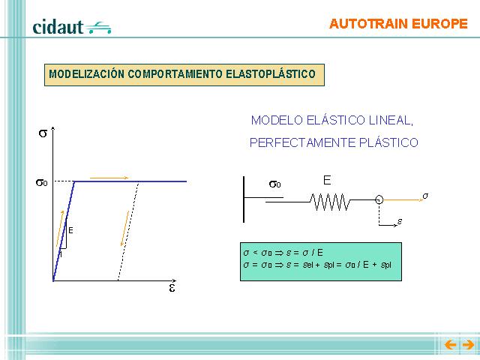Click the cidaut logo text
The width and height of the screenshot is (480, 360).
point(58,27)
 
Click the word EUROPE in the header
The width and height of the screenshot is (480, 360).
point(439,24)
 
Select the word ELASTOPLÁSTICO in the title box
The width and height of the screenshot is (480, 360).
point(271,74)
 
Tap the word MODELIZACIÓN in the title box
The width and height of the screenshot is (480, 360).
point(87,74)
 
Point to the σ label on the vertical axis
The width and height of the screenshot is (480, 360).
point(43,133)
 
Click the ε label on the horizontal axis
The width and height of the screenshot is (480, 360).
point(172,288)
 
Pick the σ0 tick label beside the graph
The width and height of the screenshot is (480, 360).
point(42,183)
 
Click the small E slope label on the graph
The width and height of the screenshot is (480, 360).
point(70,230)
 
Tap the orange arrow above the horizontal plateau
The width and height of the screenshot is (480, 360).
point(109,178)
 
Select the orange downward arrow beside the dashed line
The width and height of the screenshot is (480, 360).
point(124,228)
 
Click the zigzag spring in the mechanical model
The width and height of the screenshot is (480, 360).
point(330,202)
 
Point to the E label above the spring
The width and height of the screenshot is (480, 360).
point(327,180)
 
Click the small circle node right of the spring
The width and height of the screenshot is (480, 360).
point(379,200)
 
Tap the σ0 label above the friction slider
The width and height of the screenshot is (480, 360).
point(275,184)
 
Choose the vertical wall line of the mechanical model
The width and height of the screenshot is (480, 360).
point(244,199)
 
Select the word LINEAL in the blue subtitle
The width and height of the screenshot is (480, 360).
point(391,120)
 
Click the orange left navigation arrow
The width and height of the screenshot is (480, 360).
point(450,345)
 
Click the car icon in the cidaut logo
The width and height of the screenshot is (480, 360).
point(98,28)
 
